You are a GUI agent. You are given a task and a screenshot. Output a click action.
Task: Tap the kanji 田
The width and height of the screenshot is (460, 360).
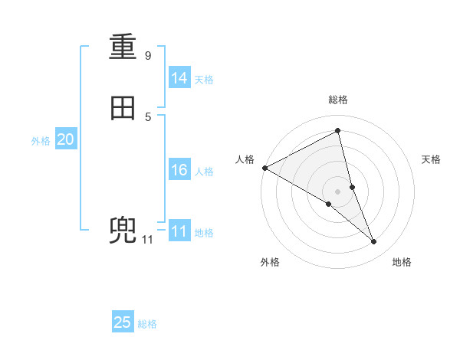[123, 109]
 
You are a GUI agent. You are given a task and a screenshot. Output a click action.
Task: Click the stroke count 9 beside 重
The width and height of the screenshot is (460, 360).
[148, 55]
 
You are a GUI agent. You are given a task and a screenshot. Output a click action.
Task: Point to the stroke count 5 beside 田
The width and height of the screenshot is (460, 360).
[148, 116]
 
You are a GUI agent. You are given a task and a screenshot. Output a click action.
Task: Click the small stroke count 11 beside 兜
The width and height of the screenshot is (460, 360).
[147, 240]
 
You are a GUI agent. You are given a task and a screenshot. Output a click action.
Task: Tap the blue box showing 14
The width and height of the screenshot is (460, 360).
[179, 78]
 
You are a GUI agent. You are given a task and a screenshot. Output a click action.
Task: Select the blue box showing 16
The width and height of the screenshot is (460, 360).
[179, 170]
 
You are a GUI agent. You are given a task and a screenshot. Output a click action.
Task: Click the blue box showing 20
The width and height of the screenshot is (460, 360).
[66, 139]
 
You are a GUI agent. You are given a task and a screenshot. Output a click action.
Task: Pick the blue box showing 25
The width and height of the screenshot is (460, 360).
[123, 322]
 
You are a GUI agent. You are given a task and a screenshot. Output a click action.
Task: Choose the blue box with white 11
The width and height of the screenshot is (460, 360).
[179, 231]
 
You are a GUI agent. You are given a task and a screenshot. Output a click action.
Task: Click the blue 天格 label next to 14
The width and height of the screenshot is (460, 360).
[204, 80]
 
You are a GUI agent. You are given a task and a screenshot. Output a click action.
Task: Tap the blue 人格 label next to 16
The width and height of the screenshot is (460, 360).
[204, 172]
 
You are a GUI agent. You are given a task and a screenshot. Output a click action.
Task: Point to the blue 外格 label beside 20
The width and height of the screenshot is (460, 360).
[41, 141]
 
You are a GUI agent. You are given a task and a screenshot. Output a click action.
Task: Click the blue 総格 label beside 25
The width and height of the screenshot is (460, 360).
[147, 324]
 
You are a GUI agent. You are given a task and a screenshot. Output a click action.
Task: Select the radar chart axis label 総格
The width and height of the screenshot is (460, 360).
[338, 100]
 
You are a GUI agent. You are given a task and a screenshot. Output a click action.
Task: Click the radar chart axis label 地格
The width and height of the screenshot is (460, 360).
[402, 262]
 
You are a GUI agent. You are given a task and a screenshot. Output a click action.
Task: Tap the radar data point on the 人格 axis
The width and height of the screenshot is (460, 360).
[264, 168]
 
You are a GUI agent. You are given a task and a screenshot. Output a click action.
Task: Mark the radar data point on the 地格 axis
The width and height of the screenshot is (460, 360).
[374, 242]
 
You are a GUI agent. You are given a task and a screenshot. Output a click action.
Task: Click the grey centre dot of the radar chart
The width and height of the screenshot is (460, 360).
[338, 191]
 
